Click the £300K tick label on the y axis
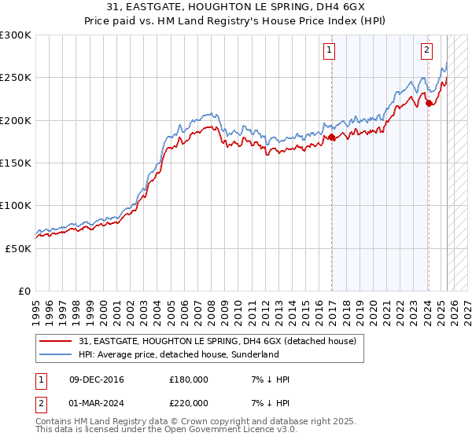coord(16,35)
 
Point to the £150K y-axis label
coord(16,163)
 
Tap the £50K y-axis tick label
coord(18,248)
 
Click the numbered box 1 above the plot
coord(328,50)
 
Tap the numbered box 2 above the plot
coord(426,50)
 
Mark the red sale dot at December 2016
coord(332,137)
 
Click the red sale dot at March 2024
coord(429,103)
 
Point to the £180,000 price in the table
coord(189,379)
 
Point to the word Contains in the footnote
coord(54,423)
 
